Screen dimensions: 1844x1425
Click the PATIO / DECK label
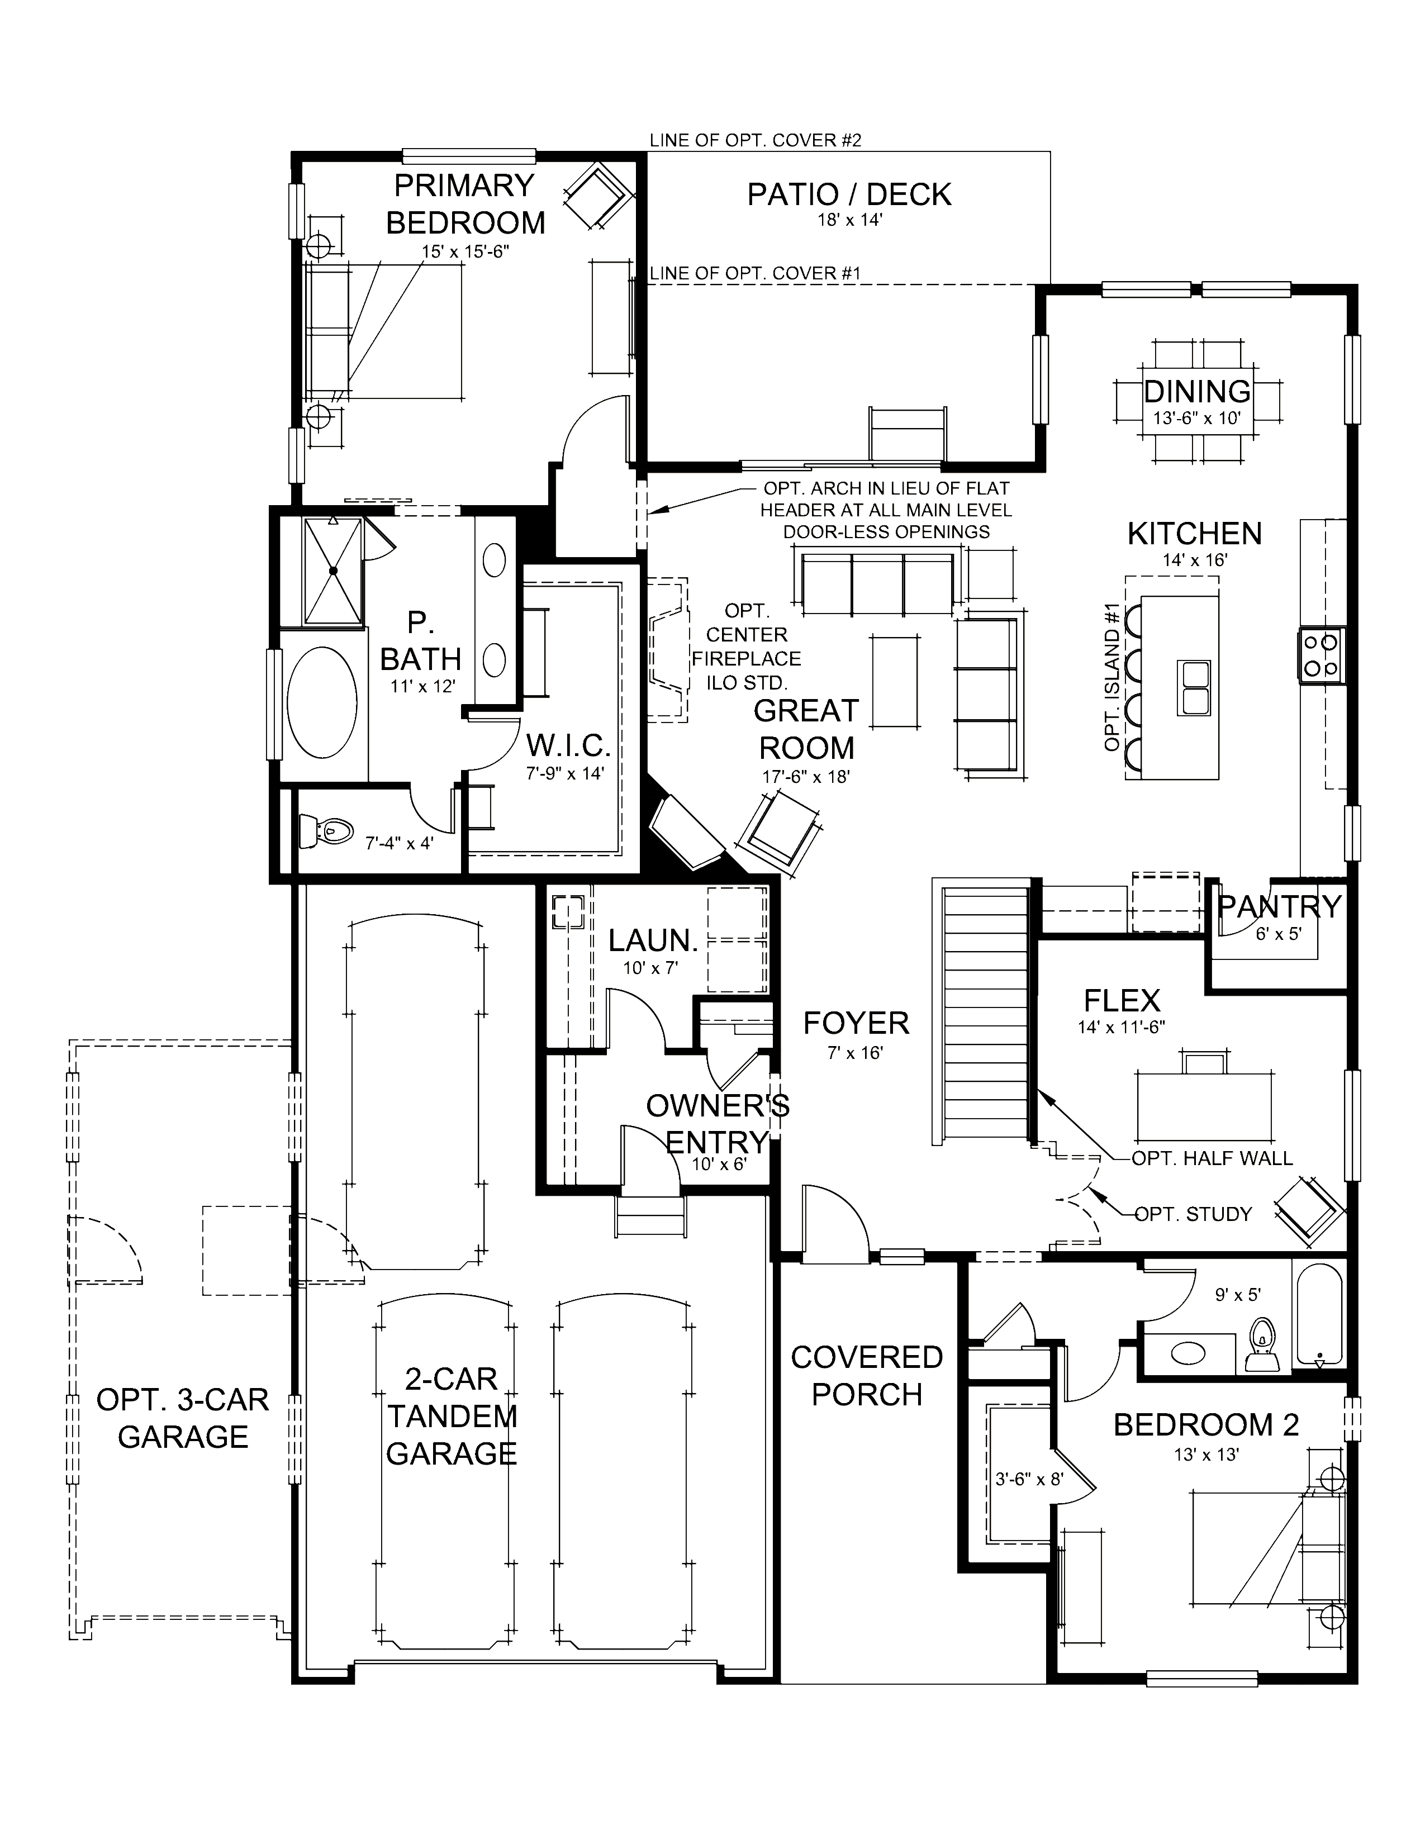(848, 195)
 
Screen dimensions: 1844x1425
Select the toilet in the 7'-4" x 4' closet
(325, 831)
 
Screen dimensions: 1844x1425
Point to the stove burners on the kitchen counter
(1321, 654)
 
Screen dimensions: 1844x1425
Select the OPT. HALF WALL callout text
(1212, 1158)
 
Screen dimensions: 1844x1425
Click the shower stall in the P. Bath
(332, 571)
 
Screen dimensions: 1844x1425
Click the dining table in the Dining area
(1197, 400)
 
